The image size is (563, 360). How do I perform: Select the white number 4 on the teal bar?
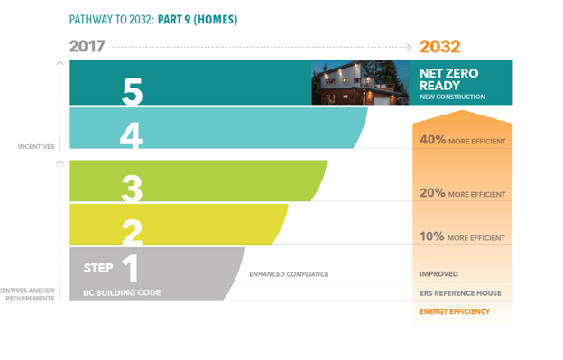pos(132,135)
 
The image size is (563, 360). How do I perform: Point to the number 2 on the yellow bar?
pos(132,231)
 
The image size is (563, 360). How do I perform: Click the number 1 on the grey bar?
pos(131,268)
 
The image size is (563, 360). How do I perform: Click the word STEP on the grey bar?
pos(98,268)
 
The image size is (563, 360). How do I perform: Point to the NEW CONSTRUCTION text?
pos(452,97)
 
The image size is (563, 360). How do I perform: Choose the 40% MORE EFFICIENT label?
pos(462,141)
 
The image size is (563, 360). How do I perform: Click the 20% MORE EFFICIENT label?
pos(462,193)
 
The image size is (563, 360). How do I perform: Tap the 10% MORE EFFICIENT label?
pos(462,237)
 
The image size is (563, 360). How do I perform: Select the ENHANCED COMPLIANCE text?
pos(289,273)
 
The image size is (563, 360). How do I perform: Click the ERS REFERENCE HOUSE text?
pos(460,292)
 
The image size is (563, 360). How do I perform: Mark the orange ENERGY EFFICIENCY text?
pos(455,311)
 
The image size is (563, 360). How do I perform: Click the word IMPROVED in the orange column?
pos(438,273)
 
